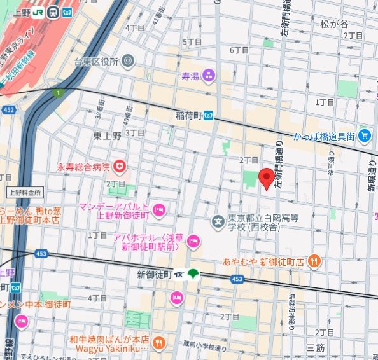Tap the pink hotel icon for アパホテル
tap(193, 241)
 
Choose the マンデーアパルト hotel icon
tap(159, 208)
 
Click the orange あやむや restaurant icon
tap(313, 261)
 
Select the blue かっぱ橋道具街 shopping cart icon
tap(364, 135)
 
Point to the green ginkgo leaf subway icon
tap(193, 274)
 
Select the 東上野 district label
tap(108, 135)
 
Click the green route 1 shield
tap(58, 93)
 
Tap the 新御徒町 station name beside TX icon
tap(155, 274)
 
